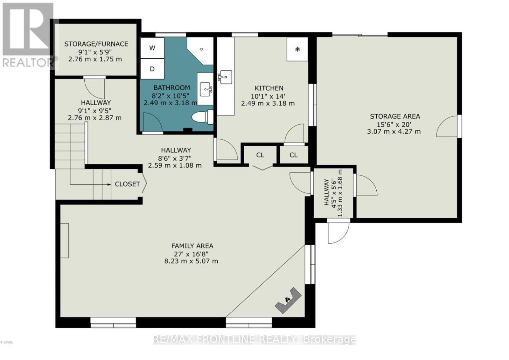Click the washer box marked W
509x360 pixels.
(152, 48)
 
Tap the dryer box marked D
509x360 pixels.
(152, 69)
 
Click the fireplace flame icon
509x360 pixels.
(288, 300)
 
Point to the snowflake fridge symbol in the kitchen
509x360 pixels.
(297, 49)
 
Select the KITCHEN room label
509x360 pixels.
(269, 88)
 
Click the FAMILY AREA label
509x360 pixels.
(192, 246)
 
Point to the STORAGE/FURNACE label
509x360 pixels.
(96, 44)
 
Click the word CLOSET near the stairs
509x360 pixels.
(127, 184)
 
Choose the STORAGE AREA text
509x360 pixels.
(395, 116)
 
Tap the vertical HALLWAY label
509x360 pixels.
(326, 192)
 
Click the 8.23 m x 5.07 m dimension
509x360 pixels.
(191, 261)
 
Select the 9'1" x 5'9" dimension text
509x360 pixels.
(95, 52)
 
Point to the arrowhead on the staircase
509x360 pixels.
(109, 184)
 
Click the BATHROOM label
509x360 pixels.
(171, 88)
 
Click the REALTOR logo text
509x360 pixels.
(28, 63)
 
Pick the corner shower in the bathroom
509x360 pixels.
(200, 51)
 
